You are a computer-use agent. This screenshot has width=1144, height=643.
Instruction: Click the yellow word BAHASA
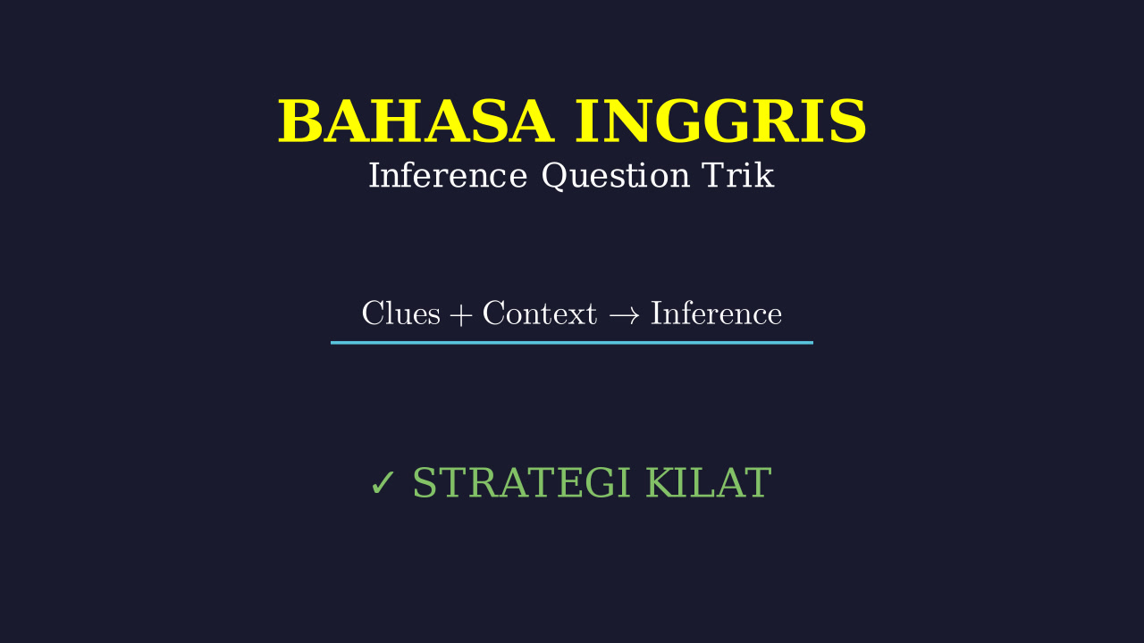point(416,121)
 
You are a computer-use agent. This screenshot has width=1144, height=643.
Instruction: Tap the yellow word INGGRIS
point(720,121)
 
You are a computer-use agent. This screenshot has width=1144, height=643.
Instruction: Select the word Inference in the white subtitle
point(448,176)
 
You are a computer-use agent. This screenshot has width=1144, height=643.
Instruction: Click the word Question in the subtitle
point(616,176)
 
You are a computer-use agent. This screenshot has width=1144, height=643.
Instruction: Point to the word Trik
point(737,175)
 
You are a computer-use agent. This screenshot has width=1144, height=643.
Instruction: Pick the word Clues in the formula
point(401,313)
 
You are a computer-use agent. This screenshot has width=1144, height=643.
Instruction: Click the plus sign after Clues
point(460,315)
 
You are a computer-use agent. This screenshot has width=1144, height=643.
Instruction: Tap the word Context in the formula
point(539,313)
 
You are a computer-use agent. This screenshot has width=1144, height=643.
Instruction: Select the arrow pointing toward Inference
point(624,315)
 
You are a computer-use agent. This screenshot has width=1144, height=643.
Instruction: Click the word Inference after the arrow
point(716,313)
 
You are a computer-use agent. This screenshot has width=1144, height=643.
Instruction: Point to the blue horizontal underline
point(571,343)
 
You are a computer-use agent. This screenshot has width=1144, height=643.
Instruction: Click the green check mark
point(383,483)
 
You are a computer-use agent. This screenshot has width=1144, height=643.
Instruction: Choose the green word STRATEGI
point(521,482)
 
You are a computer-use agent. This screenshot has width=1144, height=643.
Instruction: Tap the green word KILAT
point(709,482)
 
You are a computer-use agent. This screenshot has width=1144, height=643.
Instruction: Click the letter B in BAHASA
point(299,121)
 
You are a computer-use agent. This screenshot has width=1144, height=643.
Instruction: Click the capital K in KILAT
point(662,482)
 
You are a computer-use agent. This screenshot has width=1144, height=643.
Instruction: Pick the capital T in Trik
point(715,176)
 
